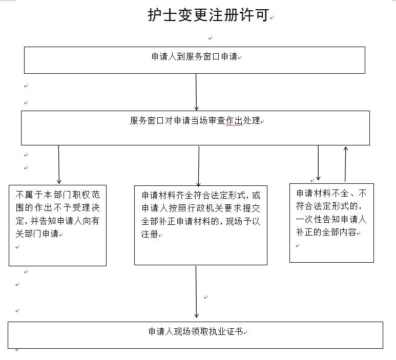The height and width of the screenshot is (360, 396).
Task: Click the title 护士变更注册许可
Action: point(208,16)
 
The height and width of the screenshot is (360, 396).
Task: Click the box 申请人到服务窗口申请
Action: point(194,60)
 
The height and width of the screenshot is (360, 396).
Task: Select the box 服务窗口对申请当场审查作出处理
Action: point(195,128)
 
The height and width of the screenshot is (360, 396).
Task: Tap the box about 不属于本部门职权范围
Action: point(57,225)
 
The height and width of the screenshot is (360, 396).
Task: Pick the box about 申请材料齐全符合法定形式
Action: point(200,225)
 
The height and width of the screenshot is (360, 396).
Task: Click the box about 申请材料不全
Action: point(331,223)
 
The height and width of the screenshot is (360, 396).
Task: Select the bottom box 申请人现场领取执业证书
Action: point(195,335)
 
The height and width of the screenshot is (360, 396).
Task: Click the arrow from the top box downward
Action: point(196,92)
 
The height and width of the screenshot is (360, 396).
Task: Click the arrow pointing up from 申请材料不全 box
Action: point(346,164)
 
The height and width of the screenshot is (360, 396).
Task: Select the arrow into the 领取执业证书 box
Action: point(196,292)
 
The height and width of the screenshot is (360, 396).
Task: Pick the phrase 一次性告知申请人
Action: point(331,219)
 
